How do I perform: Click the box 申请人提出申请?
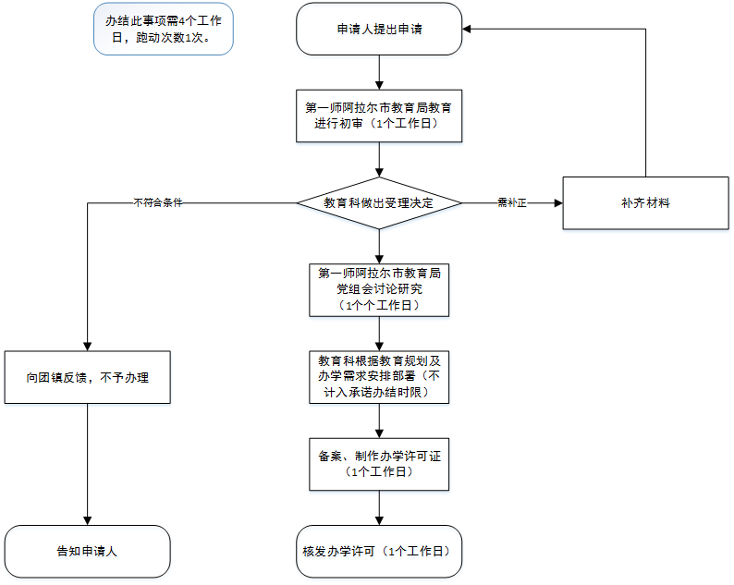379,29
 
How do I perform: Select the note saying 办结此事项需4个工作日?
163,29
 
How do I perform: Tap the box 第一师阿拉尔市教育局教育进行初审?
379,115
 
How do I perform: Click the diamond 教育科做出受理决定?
379,202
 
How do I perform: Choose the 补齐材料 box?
645,202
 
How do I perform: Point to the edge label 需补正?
511,202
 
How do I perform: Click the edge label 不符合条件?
157,202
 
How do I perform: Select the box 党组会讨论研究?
379,289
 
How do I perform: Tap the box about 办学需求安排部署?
379,377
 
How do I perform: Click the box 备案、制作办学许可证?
379,464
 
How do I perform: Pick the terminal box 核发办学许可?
379,552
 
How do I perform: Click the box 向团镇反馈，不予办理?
87,377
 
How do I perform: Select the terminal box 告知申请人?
87,552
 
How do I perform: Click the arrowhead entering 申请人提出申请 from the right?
468,29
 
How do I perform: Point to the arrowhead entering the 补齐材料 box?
557,202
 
